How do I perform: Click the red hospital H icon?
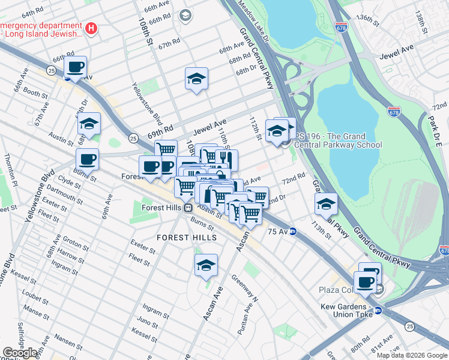91,28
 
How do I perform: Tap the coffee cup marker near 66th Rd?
75,67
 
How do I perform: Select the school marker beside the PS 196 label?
277,130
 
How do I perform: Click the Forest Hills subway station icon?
188,208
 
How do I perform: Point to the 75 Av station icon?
293,231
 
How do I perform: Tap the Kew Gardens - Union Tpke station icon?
378,310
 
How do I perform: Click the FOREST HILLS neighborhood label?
187,238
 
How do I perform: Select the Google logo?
20,353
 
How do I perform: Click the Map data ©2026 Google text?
411,355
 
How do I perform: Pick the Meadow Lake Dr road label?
255,20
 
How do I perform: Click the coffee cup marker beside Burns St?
87,160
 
